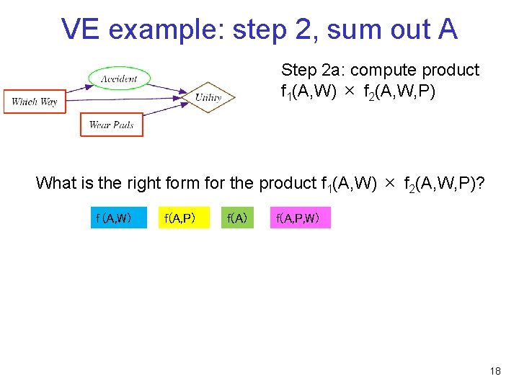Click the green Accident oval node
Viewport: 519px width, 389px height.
point(119,78)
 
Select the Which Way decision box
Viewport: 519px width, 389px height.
point(34,101)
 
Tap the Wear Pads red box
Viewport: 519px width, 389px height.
point(112,125)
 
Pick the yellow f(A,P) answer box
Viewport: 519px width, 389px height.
point(183,217)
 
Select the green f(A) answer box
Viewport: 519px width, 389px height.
point(238,217)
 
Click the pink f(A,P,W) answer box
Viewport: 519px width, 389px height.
point(300,217)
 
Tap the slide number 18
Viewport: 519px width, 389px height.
point(494,371)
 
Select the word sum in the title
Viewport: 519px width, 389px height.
point(352,30)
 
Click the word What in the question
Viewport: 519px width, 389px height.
point(56,183)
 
